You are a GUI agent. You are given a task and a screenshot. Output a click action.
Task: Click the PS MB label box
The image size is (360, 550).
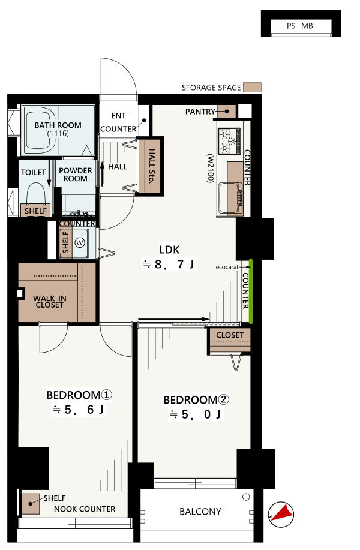point(301,26)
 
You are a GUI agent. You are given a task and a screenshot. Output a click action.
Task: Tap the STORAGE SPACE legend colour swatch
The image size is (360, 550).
point(252,88)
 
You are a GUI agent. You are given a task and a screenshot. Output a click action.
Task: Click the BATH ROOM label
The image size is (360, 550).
point(58,125)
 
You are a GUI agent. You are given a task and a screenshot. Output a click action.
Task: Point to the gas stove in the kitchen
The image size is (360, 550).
point(230,141)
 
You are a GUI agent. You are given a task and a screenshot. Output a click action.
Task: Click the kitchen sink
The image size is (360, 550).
point(230,199)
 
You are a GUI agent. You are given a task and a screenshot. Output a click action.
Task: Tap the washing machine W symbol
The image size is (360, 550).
point(80,242)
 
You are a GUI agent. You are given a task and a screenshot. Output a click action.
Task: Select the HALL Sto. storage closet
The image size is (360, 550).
point(150,166)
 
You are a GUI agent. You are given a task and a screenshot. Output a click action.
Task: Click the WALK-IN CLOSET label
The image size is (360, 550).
point(49,302)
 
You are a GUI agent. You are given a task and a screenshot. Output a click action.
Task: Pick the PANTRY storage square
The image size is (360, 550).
point(227,111)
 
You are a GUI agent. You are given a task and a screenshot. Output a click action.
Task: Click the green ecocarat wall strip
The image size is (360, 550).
point(251,291)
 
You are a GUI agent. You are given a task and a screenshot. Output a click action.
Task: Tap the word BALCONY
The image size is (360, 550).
point(200,512)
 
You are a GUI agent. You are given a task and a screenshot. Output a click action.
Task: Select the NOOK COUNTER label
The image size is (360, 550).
point(85,509)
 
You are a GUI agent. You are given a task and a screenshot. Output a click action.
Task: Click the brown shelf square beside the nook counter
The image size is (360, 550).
point(31,504)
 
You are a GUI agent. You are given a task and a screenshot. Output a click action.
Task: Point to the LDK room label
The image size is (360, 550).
point(169,250)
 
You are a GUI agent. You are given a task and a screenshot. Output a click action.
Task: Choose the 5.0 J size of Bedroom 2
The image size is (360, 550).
point(196,414)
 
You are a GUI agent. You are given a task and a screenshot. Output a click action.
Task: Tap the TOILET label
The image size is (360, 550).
point(34,172)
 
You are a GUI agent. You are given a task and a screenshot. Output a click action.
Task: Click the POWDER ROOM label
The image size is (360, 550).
point(76,175)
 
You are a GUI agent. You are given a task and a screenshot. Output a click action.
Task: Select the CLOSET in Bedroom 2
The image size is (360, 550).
point(230,339)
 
